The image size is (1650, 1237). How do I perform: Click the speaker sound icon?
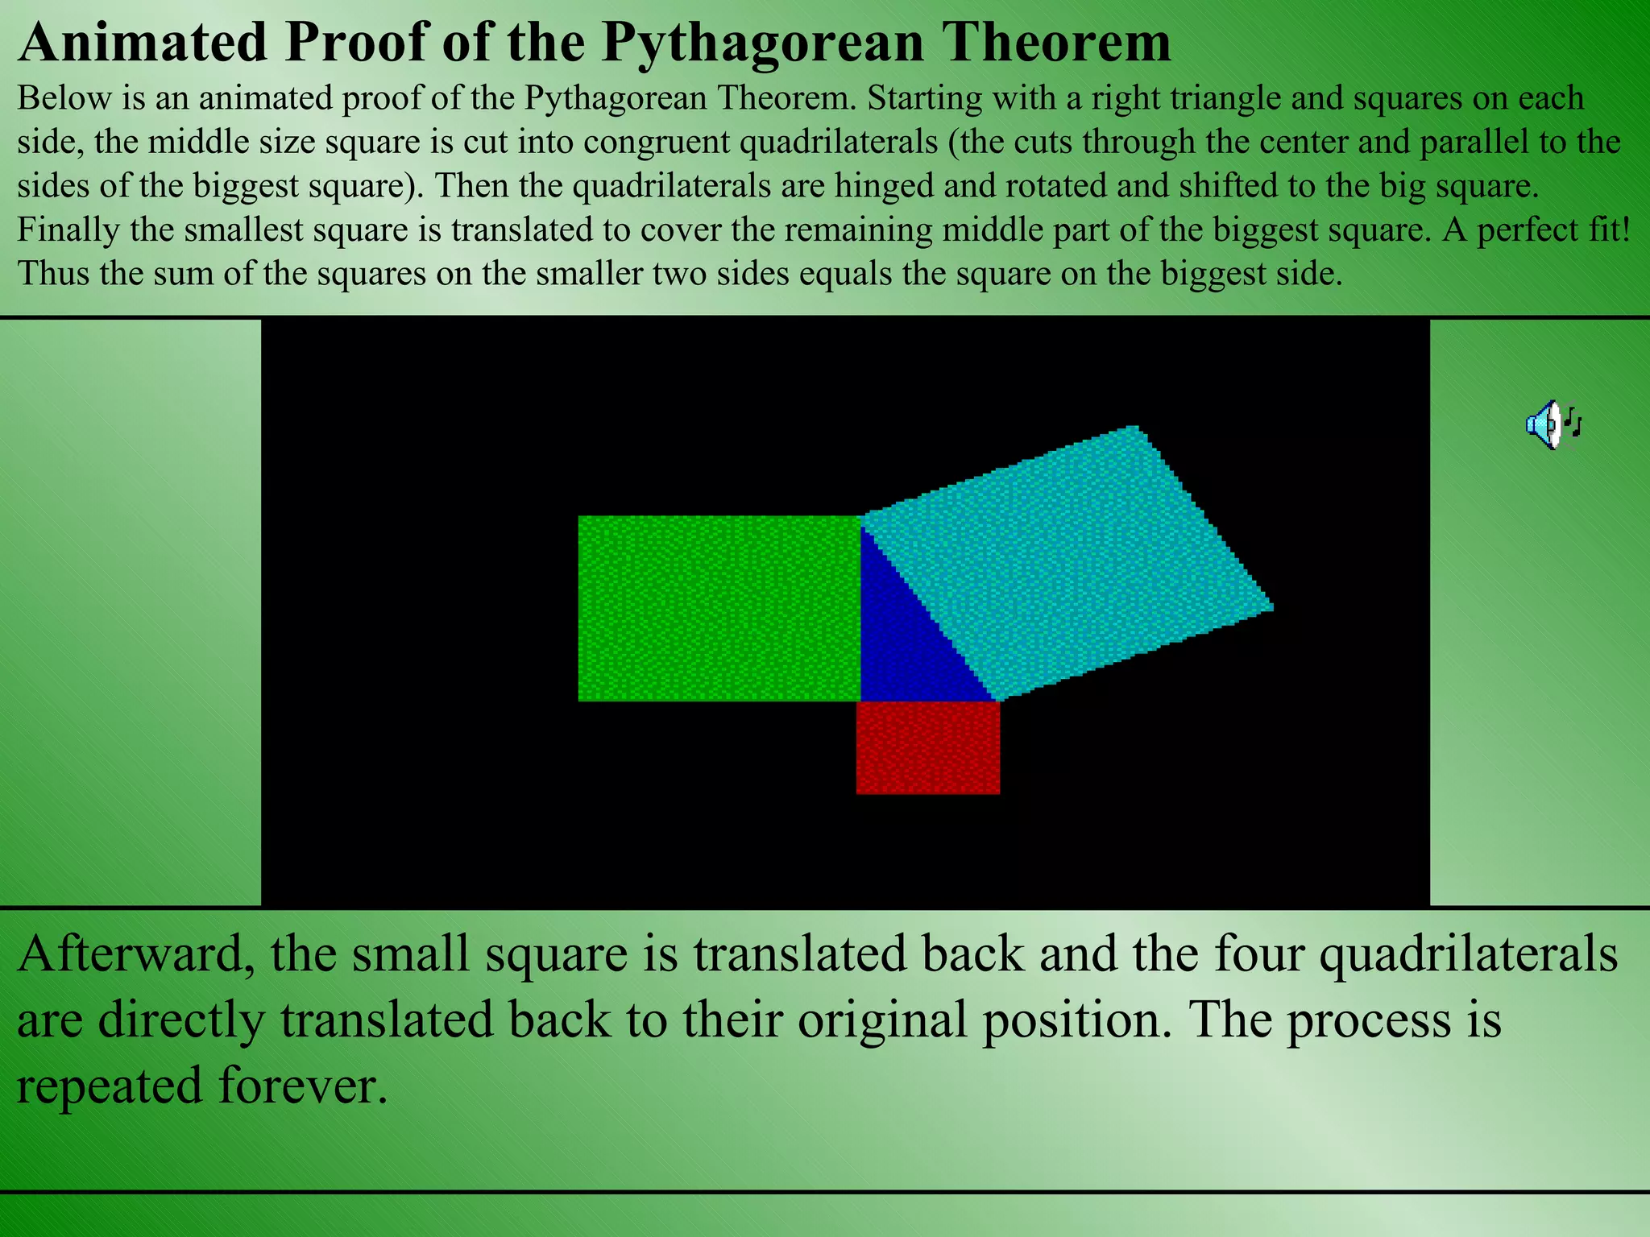coord(1553,424)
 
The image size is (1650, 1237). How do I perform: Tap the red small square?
coord(928,747)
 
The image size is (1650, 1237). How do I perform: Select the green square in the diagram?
coord(719,608)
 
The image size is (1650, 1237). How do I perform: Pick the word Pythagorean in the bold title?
coord(762,42)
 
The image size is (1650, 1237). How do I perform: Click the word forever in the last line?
coord(301,1085)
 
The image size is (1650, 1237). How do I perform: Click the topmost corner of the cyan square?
coord(1134,428)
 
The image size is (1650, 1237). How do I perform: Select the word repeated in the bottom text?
coord(110,1085)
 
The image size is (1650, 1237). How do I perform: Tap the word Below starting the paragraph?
coord(63,99)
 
